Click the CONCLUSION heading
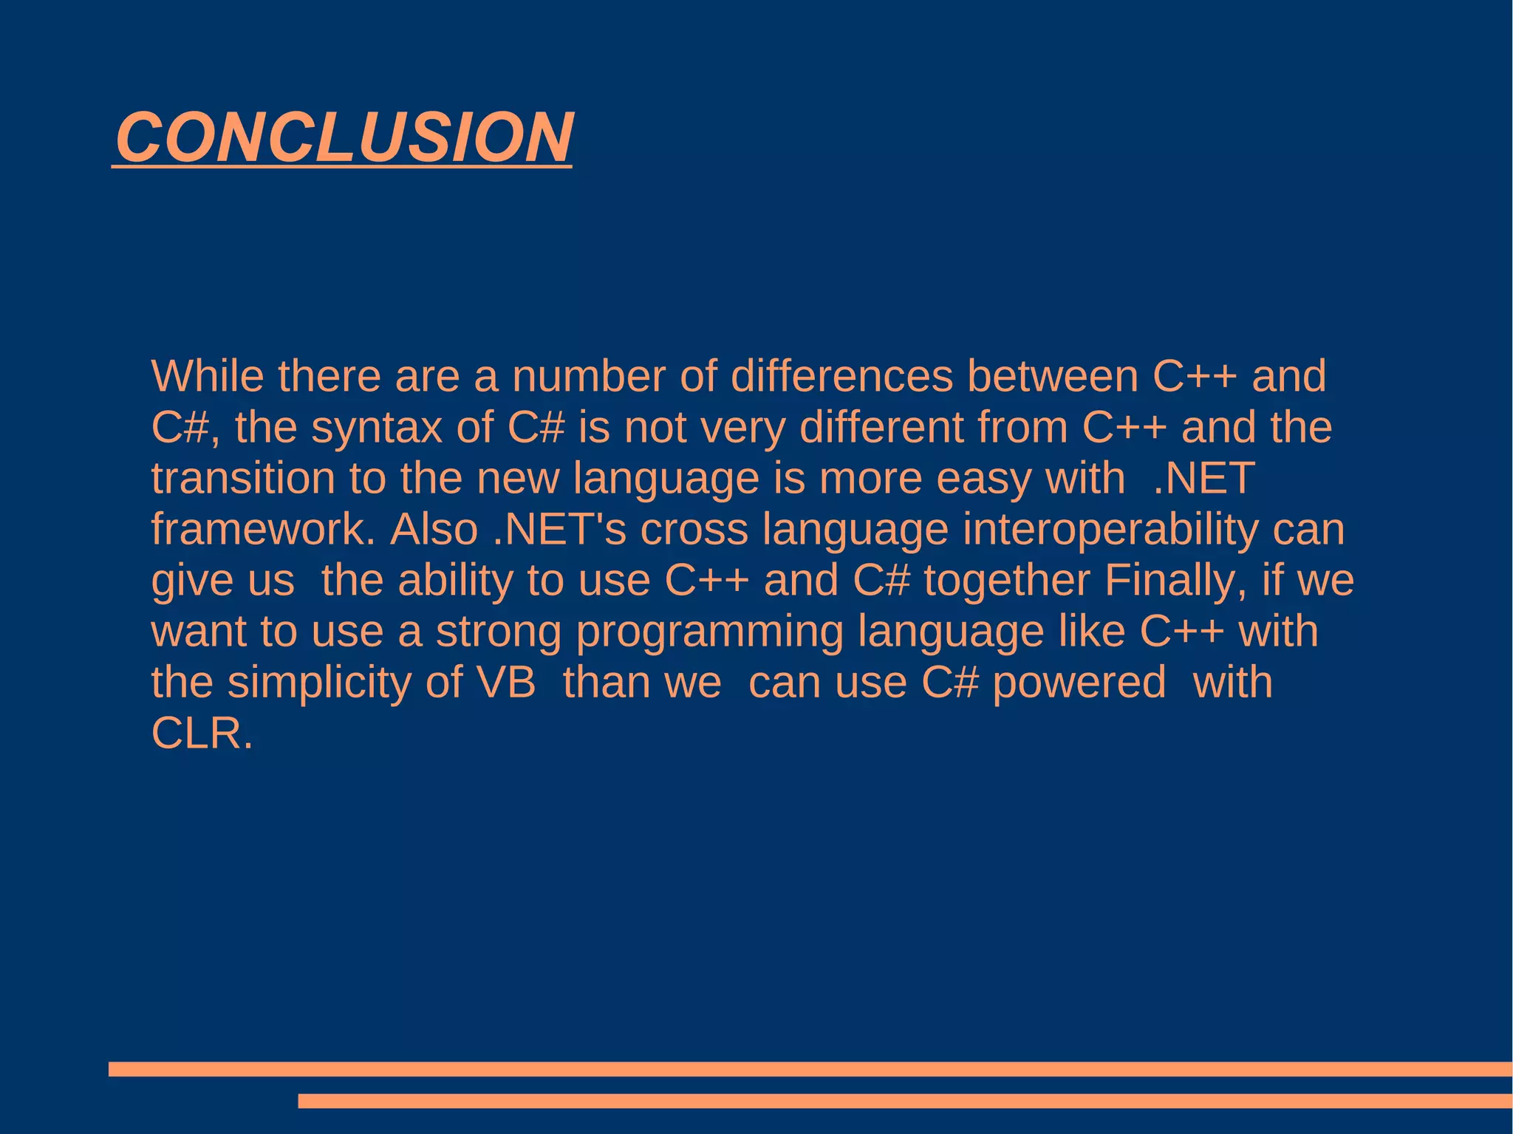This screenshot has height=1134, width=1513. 344,137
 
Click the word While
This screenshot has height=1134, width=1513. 207,376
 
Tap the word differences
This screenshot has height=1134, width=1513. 841,376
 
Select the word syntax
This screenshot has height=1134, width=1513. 377,428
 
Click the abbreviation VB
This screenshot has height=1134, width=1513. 506,683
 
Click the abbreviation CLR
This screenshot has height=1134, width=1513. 201,734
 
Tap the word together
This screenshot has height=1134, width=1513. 1007,581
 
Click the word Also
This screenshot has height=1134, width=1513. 434,529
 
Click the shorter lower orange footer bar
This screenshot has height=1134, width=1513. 905,1101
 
